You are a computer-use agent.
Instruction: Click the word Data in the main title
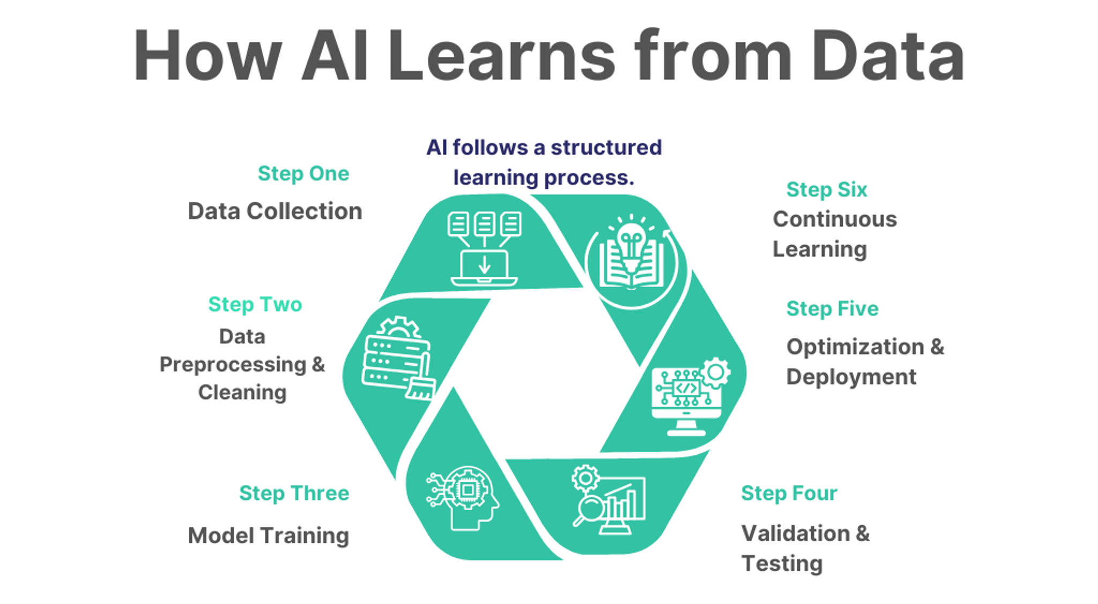887,56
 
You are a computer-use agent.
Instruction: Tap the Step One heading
303,174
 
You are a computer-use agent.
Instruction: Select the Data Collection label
274,211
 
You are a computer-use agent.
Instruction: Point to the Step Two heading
255,305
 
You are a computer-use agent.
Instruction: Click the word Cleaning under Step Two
242,393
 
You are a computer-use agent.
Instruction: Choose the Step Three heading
294,493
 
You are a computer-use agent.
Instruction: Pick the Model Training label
268,536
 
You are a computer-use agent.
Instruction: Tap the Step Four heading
789,493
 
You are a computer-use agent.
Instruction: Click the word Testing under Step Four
782,564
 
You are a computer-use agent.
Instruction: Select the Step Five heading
832,309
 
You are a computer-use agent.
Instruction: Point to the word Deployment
851,377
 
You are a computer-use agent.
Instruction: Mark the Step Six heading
826,190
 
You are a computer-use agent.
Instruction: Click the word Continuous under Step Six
834,219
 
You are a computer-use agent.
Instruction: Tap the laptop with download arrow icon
484,267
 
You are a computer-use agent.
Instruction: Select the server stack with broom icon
397,360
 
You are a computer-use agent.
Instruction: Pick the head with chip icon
464,497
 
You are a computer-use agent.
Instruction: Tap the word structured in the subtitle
606,148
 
